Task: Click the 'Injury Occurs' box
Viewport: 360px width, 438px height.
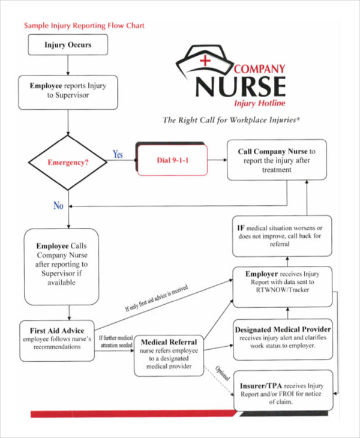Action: pyautogui.click(x=68, y=45)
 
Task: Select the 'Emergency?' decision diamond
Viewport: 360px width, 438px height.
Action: pyautogui.click(x=68, y=162)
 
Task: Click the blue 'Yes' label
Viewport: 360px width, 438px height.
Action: pyautogui.click(x=118, y=155)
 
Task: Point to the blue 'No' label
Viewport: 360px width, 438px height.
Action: pyautogui.click(x=58, y=205)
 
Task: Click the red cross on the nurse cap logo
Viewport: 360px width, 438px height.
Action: pyautogui.click(x=206, y=60)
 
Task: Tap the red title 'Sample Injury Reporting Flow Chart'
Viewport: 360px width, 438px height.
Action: pyautogui.click(x=84, y=26)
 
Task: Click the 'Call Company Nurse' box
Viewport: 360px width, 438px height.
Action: pyautogui.click(x=277, y=160)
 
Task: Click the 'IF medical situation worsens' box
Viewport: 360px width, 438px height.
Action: pyautogui.click(x=283, y=236)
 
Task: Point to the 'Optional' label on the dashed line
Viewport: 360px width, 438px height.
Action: pyautogui.click(x=223, y=373)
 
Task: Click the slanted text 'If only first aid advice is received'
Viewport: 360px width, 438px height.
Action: pyautogui.click(x=157, y=298)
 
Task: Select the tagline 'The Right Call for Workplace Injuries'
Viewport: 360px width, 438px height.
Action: pyautogui.click(x=231, y=120)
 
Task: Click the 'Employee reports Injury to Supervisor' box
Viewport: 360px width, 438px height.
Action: pyautogui.click(x=68, y=91)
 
